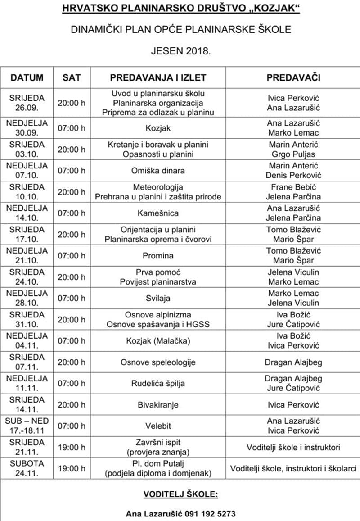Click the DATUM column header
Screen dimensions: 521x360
pos(27,77)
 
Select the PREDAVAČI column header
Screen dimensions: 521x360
pos(293,77)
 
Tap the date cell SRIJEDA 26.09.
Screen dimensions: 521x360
pos(27,103)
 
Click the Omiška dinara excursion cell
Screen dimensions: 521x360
pos(158,171)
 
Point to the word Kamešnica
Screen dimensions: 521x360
pos(158,213)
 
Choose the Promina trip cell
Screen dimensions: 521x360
pos(158,256)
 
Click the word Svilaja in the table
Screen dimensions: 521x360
pos(158,298)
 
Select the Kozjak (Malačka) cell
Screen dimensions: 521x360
pos(158,341)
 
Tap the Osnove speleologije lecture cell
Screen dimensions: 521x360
pos(158,362)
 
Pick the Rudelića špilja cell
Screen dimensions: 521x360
pos(158,384)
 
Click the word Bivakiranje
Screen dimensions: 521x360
pos(158,405)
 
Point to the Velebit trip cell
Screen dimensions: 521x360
pos(158,426)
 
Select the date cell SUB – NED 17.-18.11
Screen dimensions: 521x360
pos(27,426)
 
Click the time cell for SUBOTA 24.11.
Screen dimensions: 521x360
pos(72,469)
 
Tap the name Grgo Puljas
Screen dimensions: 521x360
pos(293,154)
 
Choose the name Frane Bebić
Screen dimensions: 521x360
pos(293,187)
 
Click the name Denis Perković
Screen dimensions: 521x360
pos(293,175)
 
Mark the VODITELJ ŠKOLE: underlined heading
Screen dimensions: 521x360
pos(180,494)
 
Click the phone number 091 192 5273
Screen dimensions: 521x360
pos(207,514)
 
